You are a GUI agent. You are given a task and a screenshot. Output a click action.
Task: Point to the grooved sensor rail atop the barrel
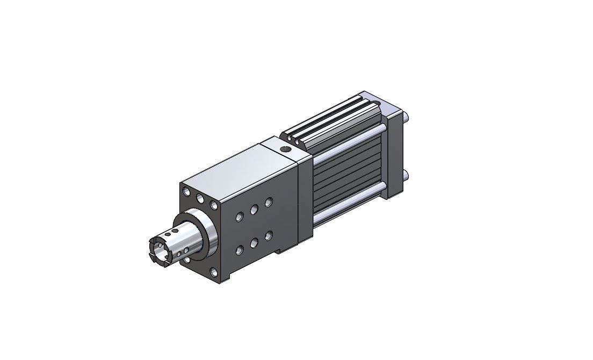point(333,121)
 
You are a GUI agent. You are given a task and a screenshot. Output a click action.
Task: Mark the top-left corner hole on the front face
point(186,192)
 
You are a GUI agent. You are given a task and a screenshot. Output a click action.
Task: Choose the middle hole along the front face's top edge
point(200,199)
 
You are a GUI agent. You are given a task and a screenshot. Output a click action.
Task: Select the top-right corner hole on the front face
point(214,206)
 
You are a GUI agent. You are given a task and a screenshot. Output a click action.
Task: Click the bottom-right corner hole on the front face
point(214,272)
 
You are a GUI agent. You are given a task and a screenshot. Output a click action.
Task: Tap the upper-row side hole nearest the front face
point(240,217)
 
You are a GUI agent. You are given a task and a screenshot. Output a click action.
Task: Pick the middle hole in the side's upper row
point(254,209)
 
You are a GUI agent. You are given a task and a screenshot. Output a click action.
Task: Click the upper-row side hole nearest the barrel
point(268,202)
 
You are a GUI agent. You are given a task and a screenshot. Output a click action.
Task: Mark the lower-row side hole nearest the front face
point(240,250)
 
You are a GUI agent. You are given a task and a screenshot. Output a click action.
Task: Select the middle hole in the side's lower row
point(254,243)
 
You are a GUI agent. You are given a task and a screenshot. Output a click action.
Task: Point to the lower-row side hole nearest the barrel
point(268,235)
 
